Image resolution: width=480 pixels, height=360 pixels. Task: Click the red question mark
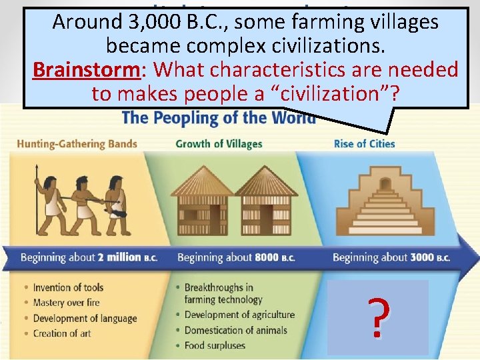coord(377,318)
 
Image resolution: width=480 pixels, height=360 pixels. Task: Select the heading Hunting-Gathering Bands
coord(77,143)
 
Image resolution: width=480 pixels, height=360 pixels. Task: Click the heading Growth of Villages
coord(219,143)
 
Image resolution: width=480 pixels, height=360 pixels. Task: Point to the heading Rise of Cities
coord(364,143)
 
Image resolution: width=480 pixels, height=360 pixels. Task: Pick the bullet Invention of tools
coord(68,287)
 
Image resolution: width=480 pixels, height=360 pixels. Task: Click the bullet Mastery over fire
coord(67,303)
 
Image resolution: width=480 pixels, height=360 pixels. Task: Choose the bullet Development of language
coord(82,318)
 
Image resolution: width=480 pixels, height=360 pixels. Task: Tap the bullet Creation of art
coord(62,333)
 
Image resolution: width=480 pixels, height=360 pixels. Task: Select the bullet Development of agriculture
coord(239,315)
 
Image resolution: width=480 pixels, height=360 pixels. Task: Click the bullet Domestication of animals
coord(235,330)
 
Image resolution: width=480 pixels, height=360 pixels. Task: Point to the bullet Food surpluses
coord(215,345)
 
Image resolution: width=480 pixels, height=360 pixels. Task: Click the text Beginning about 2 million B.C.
coord(88,258)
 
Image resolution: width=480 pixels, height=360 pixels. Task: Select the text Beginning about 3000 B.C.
coord(391,258)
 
